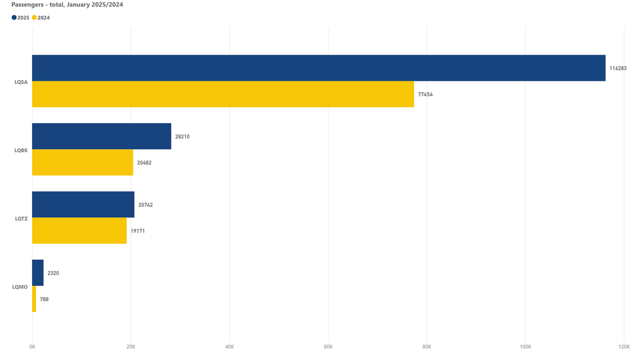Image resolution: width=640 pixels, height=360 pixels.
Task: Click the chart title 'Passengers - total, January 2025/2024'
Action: click(67, 4)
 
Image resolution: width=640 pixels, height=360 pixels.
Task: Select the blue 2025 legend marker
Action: click(14, 17)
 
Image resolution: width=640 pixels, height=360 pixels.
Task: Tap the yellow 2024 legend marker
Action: click(34, 17)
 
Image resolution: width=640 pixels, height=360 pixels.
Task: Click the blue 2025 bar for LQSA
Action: click(318, 68)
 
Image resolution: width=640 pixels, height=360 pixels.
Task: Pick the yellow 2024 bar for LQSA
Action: click(223, 94)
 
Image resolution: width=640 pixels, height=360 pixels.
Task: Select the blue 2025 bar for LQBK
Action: click(101, 136)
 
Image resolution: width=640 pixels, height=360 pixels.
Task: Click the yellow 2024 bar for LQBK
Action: click(82, 162)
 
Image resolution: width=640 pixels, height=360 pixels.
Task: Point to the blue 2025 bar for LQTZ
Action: click(83, 204)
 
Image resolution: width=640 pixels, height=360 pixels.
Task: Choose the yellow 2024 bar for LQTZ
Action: click(79, 230)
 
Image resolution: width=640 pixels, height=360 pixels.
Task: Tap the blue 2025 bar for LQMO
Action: click(37, 272)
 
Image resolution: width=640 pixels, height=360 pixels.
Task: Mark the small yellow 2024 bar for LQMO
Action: click(34, 299)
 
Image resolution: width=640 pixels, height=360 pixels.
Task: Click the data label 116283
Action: click(617, 68)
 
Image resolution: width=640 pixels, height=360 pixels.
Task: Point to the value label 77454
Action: click(425, 94)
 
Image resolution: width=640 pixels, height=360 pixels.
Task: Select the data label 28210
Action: click(182, 136)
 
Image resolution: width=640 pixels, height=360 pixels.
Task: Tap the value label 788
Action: click(44, 299)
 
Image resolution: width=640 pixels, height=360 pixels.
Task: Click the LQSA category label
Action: click(21, 81)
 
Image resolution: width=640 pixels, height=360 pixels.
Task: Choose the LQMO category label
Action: click(20, 287)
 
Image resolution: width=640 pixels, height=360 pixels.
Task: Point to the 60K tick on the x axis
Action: click(328, 346)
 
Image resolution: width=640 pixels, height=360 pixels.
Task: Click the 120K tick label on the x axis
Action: click(623, 346)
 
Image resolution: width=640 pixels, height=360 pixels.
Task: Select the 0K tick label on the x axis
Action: click(32, 346)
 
